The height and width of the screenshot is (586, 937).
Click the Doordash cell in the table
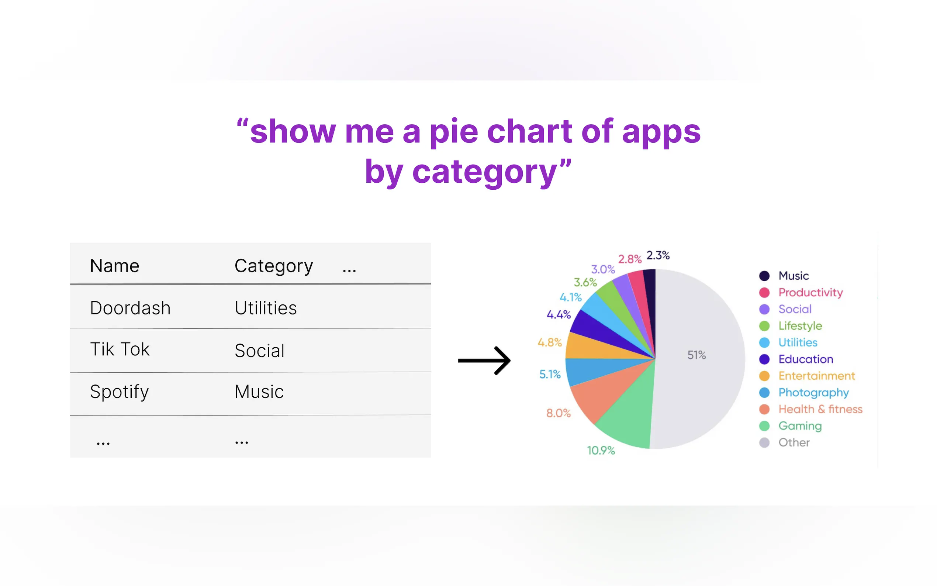click(x=130, y=308)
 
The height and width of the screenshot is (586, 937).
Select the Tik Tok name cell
click(x=120, y=349)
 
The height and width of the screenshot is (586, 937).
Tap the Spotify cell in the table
click(x=119, y=392)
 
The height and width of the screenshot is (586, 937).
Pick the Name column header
click(x=114, y=266)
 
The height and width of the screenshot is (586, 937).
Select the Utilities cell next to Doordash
click(x=266, y=308)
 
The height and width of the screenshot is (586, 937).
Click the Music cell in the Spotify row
click(x=259, y=392)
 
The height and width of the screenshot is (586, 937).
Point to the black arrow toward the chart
click(x=484, y=361)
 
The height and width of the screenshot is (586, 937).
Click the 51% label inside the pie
click(x=696, y=355)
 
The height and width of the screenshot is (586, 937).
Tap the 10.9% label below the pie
click(x=601, y=450)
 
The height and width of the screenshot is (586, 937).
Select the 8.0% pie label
click(x=558, y=413)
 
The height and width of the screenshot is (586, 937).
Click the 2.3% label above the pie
click(x=658, y=255)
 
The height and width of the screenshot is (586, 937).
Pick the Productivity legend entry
click(x=801, y=293)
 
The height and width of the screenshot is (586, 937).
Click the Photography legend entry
click(x=804, y=393)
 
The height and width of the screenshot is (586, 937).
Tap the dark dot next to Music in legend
click(x=764, y=276)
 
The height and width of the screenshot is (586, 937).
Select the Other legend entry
click(x=784, y=442)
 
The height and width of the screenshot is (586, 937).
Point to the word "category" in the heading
click(x=484, y=173)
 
